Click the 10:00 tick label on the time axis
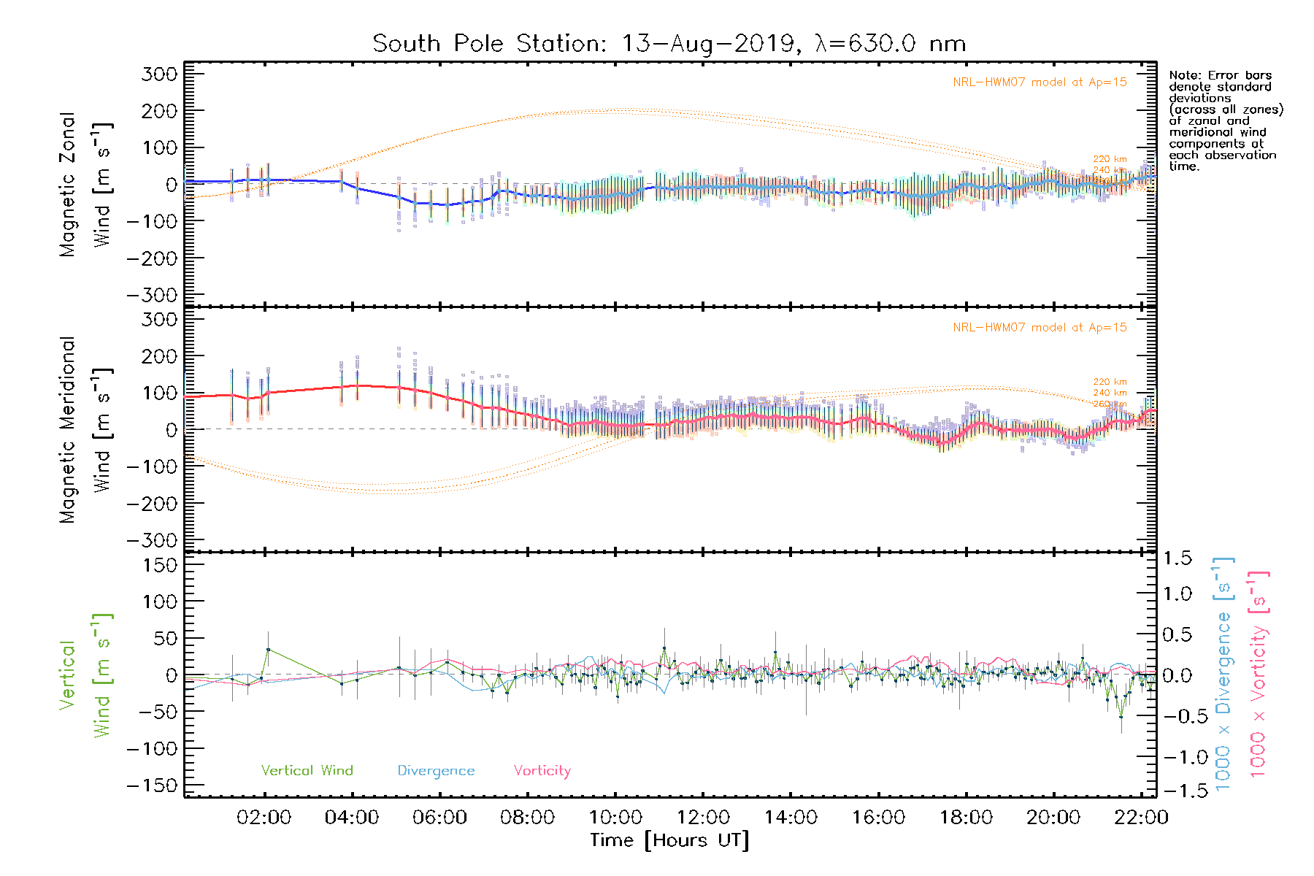(615, 818)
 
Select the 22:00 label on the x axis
(1141, 818)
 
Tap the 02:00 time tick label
(264, 818)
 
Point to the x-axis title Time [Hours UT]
(669, 840)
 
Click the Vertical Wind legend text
(307, 771)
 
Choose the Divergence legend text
(436, 771)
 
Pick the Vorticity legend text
(542, 771)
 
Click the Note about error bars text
(1225, 120)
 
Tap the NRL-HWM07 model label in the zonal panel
(1040, 82)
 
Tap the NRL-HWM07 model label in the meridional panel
(1040, 328)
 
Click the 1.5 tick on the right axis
(1177, 558)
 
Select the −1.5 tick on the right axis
(1177, 791)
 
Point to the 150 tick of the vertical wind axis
(161, 565)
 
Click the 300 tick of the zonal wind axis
(161, 74)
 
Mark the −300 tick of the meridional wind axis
(152, 540)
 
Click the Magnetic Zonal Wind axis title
(85, 184)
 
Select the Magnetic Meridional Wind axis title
(85, 430)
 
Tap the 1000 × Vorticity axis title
(1259, 674)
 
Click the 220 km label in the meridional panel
(1110, 382)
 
